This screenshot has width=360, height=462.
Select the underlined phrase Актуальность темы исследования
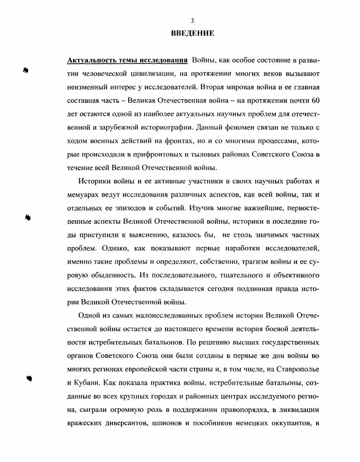(127, 60)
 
